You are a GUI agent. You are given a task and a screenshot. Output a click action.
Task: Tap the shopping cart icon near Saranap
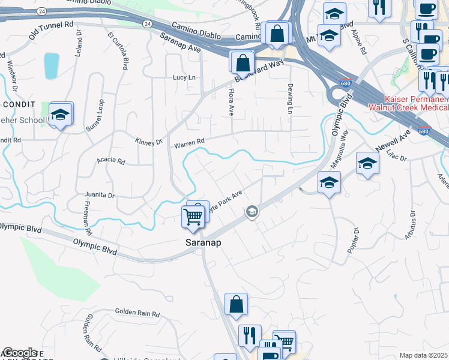point(193,216)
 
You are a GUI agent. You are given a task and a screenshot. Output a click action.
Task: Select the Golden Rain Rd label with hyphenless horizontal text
point(137,313)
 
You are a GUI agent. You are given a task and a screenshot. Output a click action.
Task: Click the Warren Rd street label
point(189,143)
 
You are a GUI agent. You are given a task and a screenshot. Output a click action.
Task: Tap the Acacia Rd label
point(110,161)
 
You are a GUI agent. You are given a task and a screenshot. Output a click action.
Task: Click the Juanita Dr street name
point(100,195)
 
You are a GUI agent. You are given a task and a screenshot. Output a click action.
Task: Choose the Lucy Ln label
point(184,78)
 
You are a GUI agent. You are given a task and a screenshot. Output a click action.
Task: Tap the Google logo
point(19,353)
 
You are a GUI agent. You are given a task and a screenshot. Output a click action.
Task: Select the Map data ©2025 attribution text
point(424,355)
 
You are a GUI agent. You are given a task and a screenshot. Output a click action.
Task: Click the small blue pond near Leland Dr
point(52,66)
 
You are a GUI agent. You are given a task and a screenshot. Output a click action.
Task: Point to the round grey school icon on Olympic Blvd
point(252,211)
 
